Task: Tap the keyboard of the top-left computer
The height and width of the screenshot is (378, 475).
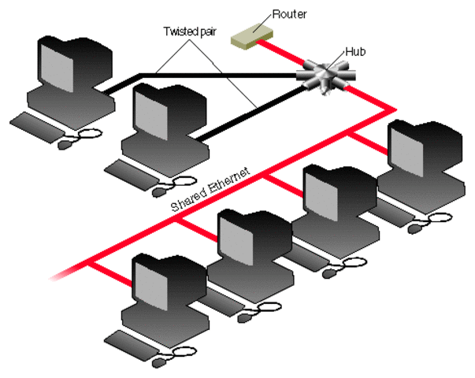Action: [x=39, y=124]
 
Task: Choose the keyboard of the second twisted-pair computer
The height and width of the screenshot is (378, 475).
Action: [x=132, y=172]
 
